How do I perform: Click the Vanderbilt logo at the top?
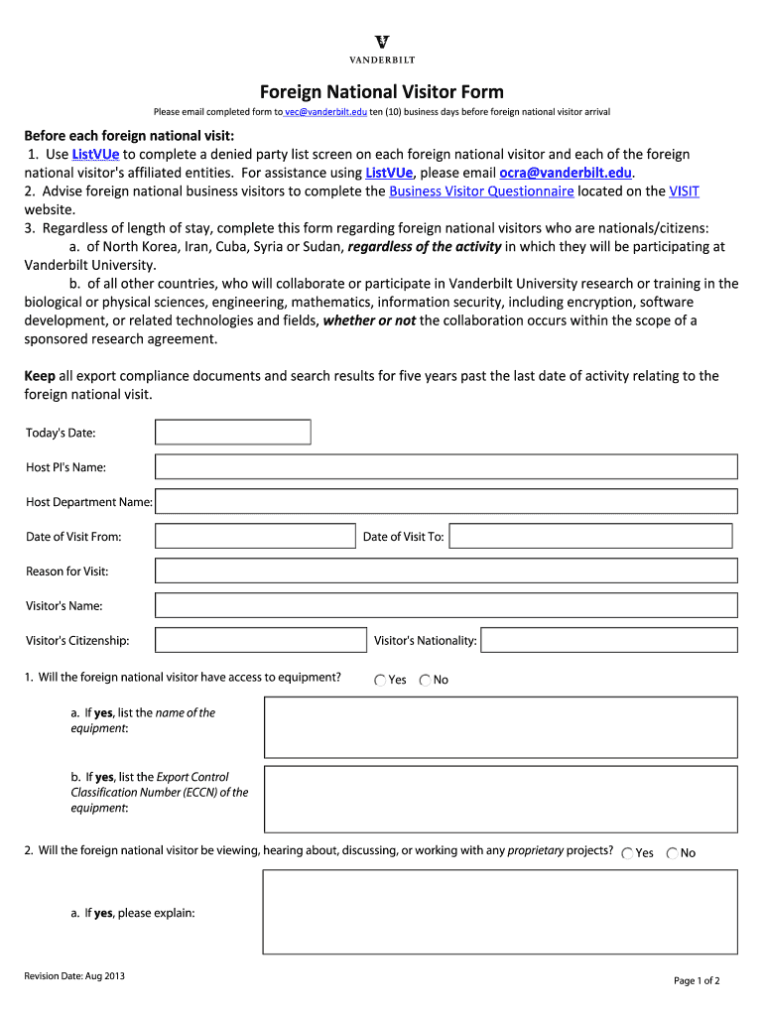[382, 48]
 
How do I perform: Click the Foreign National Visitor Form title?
[382, 92]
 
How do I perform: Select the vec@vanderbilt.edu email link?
[326, 112]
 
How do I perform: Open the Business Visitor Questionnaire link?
[481, 191]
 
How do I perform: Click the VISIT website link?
[684, 191]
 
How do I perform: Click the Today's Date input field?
[233, 433]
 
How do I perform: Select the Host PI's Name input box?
[446, 467]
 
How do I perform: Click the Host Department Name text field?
[446, 502]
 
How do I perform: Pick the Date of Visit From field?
[255, 537]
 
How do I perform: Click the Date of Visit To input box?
[590, 537]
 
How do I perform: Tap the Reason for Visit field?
[446, 571]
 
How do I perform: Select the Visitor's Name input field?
[446, 606]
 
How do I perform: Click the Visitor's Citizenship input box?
[261, 640]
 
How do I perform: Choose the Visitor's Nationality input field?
[609, 640]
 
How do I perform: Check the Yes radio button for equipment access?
[381, 681]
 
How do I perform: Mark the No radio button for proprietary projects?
[673, 853]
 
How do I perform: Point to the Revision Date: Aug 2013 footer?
[74, 976]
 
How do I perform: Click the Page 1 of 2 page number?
[697, 981]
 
